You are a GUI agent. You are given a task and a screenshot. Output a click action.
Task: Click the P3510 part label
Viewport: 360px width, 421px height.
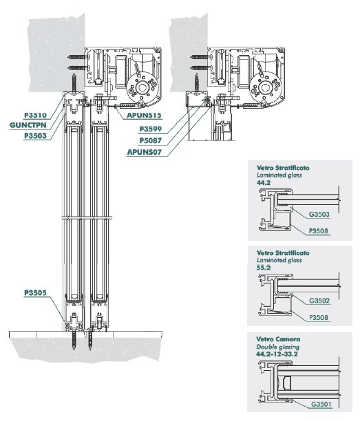coord(36,116)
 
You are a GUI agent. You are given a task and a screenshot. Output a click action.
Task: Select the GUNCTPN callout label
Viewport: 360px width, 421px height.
coord(28,125)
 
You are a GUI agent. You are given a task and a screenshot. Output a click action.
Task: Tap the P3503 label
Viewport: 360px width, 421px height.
coord(36,136)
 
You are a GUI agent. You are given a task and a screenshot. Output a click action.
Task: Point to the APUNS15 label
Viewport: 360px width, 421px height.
coord(144,116)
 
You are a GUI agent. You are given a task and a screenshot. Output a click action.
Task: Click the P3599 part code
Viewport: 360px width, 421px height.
coord(151,129)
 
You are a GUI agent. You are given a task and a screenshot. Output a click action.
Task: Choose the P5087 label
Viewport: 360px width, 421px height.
coord(151,140)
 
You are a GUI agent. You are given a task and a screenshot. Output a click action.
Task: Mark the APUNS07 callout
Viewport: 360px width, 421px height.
coord(145,152)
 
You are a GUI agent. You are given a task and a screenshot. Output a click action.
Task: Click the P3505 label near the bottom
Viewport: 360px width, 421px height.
coord(36,292)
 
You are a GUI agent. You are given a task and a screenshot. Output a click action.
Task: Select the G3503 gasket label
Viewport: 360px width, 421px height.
coord(319,214)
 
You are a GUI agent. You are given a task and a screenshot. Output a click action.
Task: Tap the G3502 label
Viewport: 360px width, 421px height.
coord(319,301)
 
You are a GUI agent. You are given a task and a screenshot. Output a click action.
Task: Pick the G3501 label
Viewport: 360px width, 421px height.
coord(321,404)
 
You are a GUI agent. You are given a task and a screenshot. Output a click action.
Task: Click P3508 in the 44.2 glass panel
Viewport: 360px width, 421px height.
coord(319,231)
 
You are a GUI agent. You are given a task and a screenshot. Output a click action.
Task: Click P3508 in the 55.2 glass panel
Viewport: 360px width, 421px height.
coord(319,318)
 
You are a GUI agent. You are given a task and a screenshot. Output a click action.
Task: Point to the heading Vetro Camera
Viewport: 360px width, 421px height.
coord(278,339)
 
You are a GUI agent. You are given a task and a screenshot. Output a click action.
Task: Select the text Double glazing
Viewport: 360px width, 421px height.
coord(277,347)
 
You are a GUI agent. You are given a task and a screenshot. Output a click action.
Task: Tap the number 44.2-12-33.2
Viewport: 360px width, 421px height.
coord(277,354)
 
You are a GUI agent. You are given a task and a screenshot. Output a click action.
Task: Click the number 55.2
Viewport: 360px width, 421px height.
coord(264,268)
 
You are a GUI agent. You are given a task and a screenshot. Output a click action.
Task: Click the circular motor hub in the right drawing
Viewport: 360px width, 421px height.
coord(265,87)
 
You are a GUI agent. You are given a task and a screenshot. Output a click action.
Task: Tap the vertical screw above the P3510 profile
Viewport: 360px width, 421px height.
coord(74,83)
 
